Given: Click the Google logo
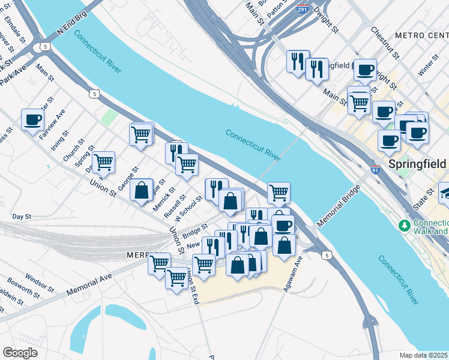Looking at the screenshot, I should click(20, 352).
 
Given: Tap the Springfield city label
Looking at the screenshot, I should click(417, 164).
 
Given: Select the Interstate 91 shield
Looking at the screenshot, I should click(375, 170).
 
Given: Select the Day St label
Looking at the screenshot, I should click(21, 216).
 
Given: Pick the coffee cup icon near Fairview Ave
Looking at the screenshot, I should click(32, 119).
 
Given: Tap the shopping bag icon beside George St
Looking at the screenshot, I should click(141, 190).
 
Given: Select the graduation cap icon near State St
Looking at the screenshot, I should click(445, 193).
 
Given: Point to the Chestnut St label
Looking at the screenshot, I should click(385, 43).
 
